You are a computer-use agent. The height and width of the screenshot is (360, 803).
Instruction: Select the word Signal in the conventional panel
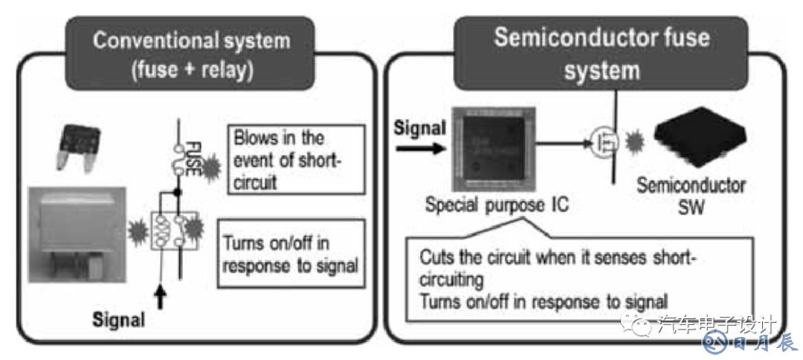click(118, 321)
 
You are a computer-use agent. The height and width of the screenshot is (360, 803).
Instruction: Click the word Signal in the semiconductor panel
click(420, 129)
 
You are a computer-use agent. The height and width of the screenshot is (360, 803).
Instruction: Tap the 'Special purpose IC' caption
click(497, 203)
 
